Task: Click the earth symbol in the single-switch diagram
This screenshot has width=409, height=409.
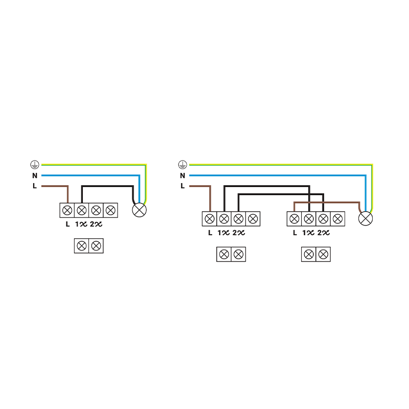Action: [34, 165]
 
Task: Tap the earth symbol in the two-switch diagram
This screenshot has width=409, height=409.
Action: [183, 165]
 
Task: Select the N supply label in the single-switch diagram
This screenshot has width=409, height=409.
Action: [34, 175]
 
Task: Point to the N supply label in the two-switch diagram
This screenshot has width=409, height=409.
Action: [183, 175]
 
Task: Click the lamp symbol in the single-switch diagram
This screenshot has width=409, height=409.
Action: [139, 210]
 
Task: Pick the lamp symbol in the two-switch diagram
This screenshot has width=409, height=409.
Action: [366, 219]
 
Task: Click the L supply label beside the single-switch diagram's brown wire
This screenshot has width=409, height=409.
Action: [34, 186]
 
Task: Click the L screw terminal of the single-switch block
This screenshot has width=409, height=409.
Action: [67, 210]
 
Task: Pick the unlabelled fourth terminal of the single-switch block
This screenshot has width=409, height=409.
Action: [110, 210]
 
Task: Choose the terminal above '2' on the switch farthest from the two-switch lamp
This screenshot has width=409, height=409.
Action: [238, 219]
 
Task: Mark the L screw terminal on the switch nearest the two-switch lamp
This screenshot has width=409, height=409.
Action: [294, 219]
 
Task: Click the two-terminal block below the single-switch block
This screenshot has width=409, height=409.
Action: [88, 245]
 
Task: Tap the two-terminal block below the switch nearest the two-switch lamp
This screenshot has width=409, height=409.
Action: [316, 254]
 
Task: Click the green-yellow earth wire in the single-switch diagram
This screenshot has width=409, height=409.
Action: [92, 165]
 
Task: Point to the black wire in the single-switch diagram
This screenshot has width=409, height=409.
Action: [107, 186]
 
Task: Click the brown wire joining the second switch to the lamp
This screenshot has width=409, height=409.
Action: [327, 202]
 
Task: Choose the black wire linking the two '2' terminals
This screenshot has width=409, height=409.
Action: [281, 194]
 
